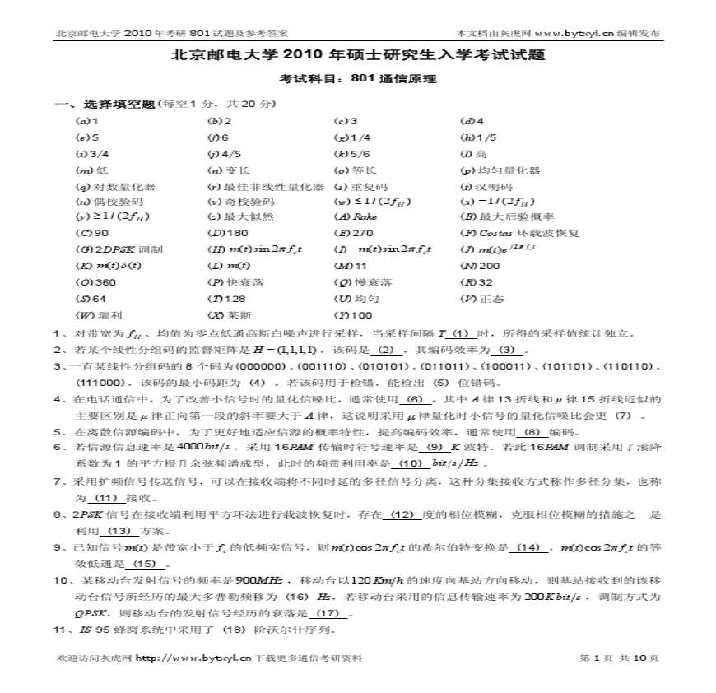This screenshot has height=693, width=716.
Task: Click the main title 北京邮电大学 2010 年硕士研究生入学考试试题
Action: [x=357, y=56]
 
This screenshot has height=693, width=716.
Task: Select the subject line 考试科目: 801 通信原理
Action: [x=357, y=80]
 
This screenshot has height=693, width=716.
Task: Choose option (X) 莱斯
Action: [x=229, y=315]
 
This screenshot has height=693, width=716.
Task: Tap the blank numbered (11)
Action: [x=107, y=498]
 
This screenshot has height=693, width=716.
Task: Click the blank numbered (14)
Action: [x=529, y=547]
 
